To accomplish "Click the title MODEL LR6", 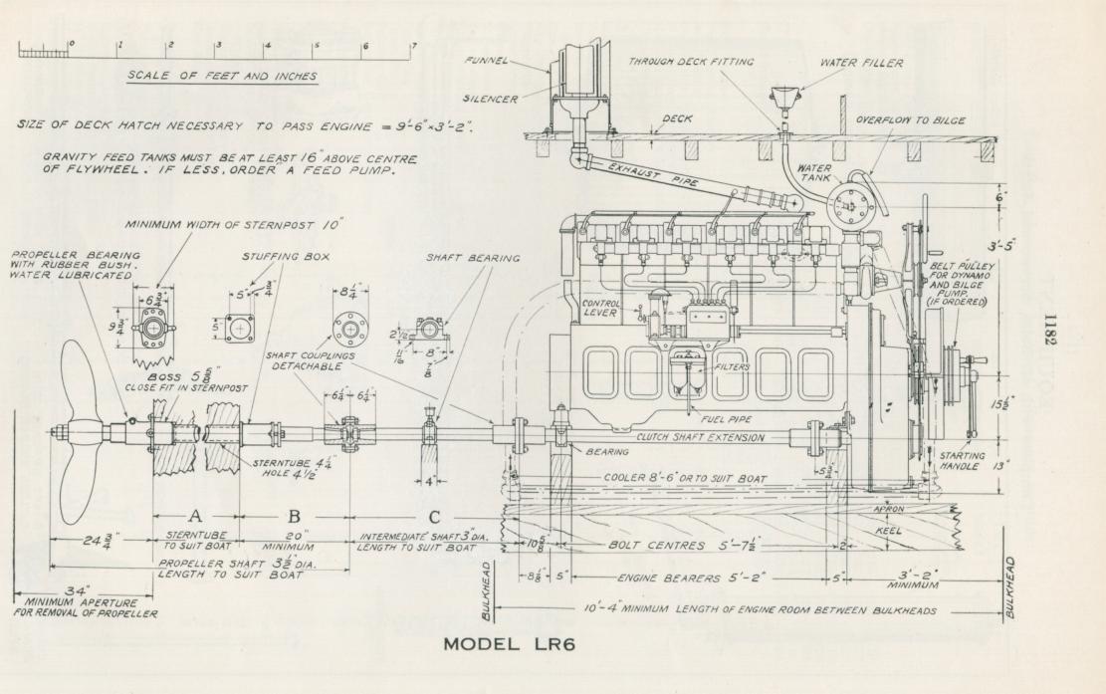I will tap(509, 644).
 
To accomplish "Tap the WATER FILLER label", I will tap(861, 63).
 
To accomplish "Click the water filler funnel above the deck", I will tap(783, 104).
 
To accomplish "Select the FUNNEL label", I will tap(487, 60).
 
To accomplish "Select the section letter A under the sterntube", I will tap(194, 517).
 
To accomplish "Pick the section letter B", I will tap(294, 517).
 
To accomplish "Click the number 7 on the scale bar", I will tap(413, 46).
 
